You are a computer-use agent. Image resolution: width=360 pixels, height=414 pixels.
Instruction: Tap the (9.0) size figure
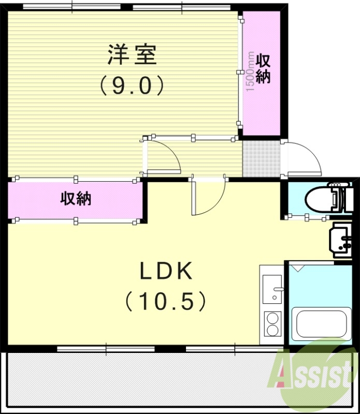[132, 85]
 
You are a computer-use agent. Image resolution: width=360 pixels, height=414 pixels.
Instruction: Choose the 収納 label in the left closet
[76, 198]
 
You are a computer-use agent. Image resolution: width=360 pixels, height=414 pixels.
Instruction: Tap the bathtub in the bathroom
[318, 323]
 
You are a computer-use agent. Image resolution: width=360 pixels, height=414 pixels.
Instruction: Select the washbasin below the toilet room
[342, 241]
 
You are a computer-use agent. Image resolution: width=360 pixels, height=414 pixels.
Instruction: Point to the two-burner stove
[272, 324]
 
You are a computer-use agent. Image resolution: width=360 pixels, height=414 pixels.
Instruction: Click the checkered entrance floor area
[262, 158]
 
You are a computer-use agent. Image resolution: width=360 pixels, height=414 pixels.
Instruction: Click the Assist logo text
[316, 373]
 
